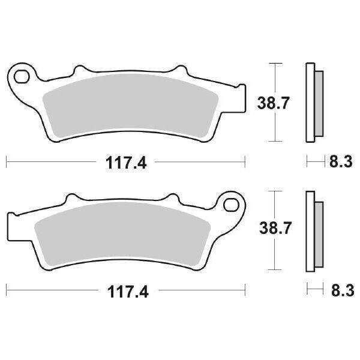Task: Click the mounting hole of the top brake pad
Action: [22, 76]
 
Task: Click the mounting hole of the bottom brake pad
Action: [231, 205]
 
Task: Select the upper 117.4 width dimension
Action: [125, 161]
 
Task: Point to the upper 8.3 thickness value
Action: [340, 161]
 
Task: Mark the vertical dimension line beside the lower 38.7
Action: [275, 230]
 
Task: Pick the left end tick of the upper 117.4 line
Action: [7, 161]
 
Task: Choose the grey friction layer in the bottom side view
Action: [319, 230]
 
